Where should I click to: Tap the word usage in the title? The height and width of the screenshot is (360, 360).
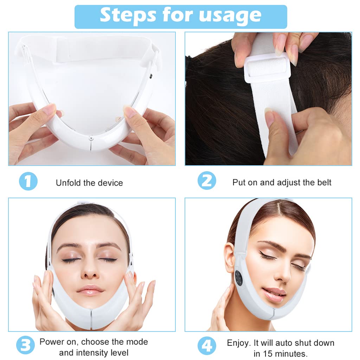[230, 17]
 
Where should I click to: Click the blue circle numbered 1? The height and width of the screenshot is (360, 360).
[28, 181]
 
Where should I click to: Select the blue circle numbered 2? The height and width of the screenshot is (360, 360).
[207, 180]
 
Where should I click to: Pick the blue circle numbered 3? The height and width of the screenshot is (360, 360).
[25, 345]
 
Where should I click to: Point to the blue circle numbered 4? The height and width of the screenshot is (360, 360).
[207, 346]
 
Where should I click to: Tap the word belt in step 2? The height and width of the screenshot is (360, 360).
[324, 182]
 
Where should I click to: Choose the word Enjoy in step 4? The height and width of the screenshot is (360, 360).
[238, 343]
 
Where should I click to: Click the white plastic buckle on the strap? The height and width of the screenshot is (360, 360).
[268, 67]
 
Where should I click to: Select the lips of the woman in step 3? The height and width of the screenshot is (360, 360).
[90, 290]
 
